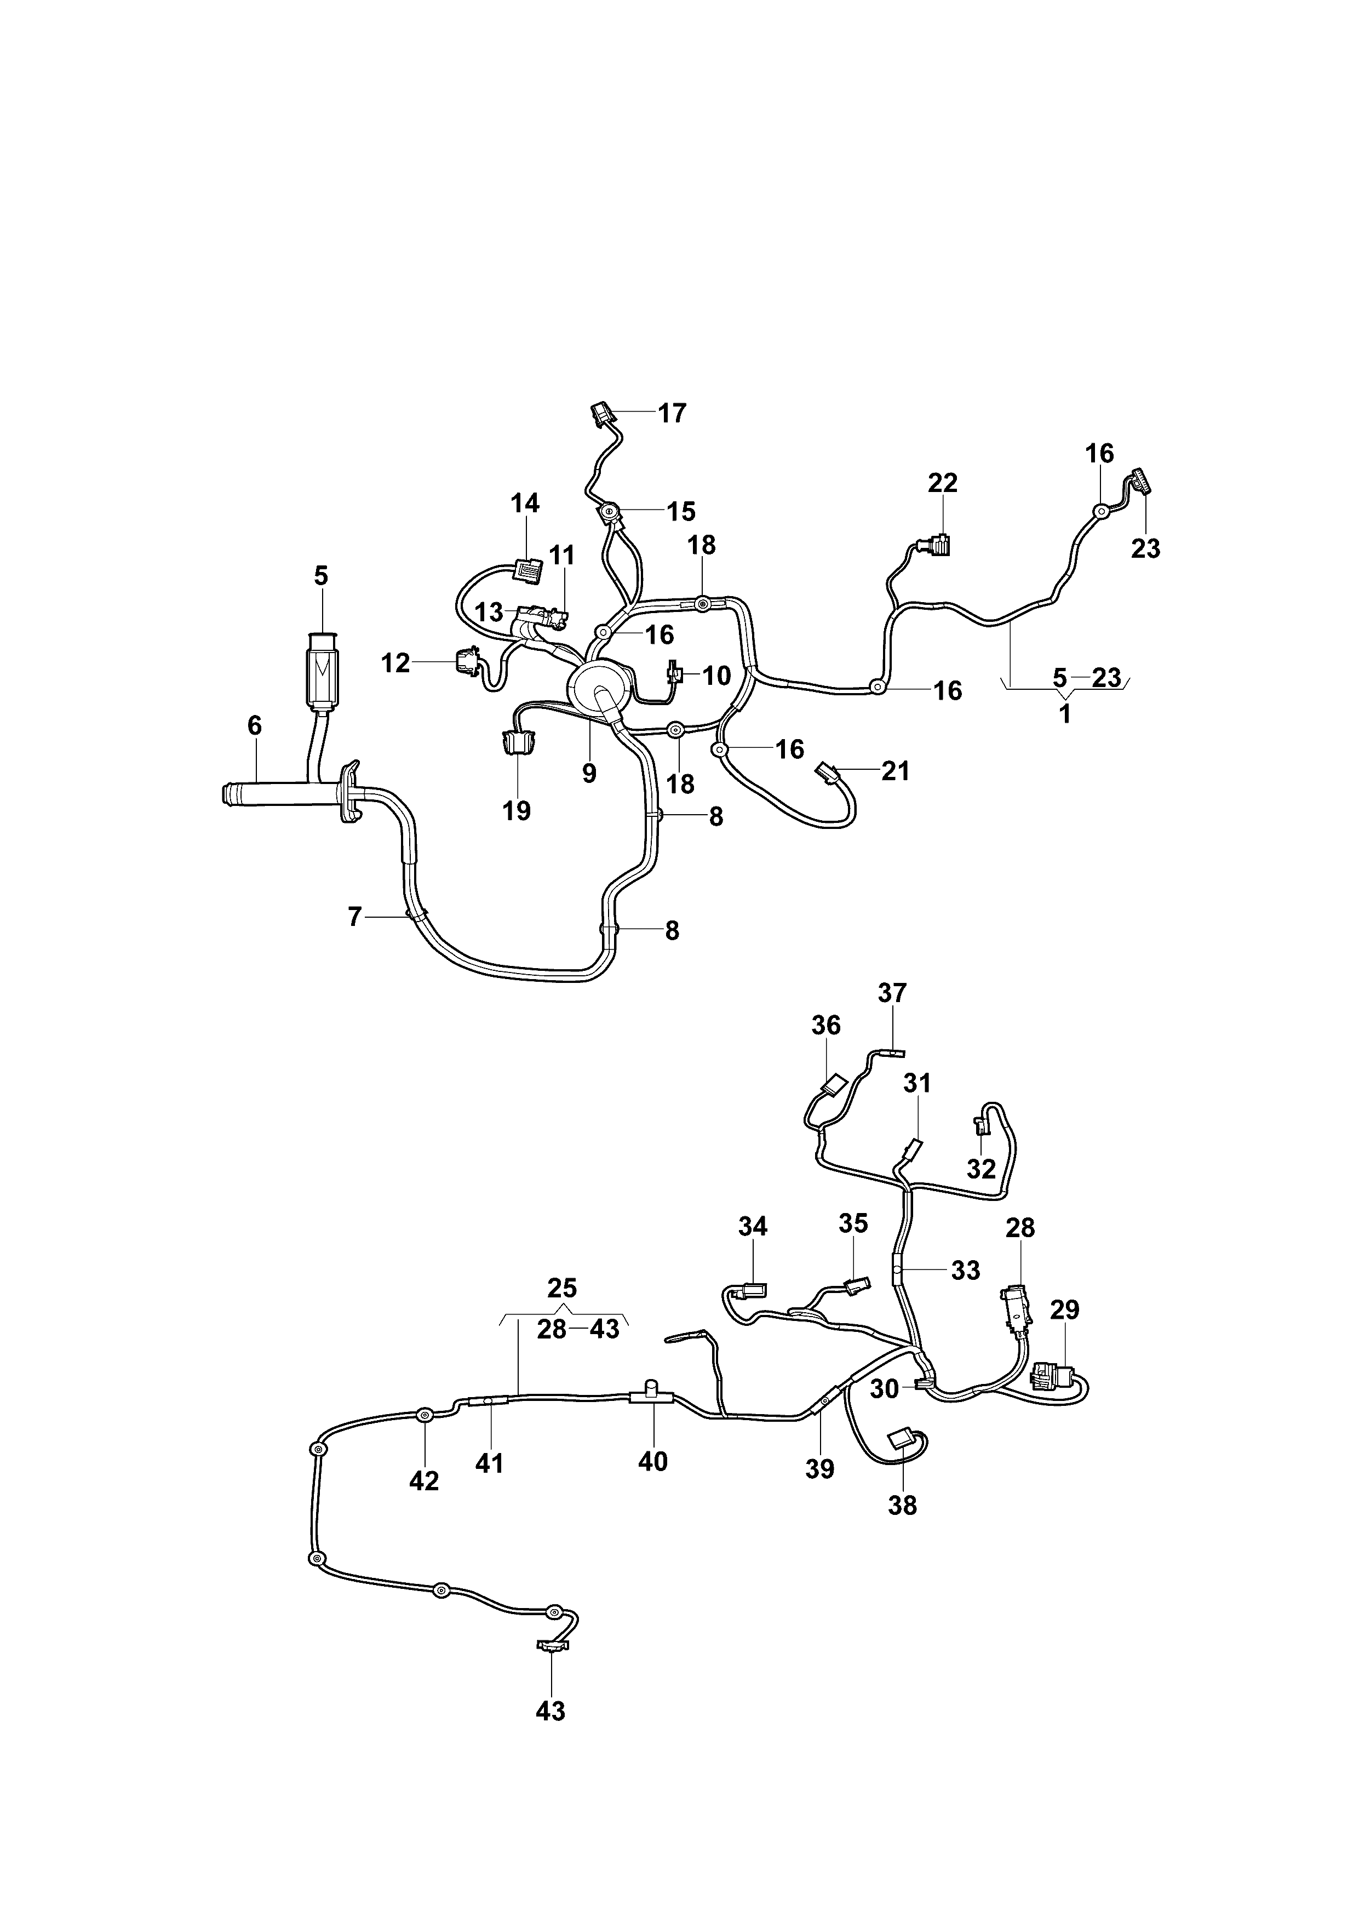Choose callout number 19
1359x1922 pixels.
[517, 810]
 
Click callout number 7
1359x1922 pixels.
[355, 918]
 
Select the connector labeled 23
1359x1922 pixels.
[1140, 482]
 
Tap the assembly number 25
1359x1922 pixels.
[563, 1288]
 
